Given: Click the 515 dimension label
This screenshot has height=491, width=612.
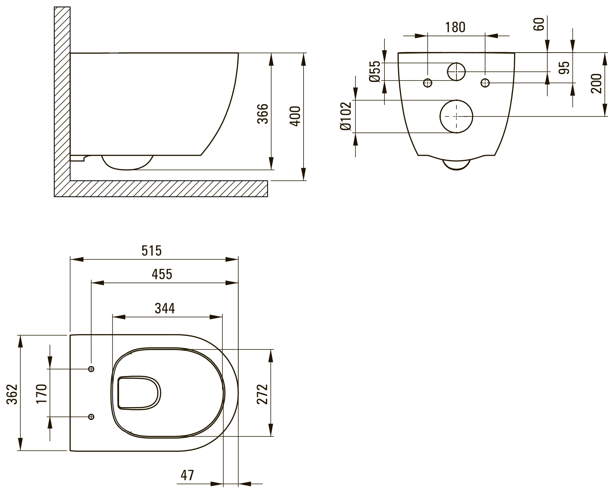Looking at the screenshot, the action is click(x=152, y=251).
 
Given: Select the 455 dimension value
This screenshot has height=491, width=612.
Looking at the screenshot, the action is click(x=162, y=274).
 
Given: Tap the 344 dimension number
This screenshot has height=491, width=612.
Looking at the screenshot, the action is click(x=165, y=308).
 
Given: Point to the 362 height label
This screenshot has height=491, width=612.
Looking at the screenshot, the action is click(x=12, y=394).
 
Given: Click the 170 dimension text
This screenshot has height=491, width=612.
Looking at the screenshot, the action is click(x=41, y=394).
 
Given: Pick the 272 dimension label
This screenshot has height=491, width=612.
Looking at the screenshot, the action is click(x=262, y=394).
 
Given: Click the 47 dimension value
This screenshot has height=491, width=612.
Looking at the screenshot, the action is click(x=187, y=475).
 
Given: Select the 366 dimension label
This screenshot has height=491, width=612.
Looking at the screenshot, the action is click(x=262, y=114).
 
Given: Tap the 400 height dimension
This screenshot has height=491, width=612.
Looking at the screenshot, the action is click(x=295, y=116).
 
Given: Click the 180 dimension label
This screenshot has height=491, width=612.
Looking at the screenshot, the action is click(x=455, y=27).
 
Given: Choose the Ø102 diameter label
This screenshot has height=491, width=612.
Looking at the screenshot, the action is click(x=346, y=116).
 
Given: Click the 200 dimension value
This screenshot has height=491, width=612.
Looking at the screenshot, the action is click(x=596, y=83).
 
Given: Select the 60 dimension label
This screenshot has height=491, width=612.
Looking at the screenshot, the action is click(x=539, y=24).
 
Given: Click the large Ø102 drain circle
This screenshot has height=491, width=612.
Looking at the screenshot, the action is click(x=440, y=116).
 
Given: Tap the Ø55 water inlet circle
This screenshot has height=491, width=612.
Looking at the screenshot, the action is click(x=448, y=71).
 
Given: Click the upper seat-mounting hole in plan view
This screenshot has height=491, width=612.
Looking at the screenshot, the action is click(x=91, y=369).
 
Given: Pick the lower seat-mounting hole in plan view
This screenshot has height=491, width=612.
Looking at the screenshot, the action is click(x=91, y=417).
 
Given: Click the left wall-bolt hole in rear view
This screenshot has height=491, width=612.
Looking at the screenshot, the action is click(x=427, y=83).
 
